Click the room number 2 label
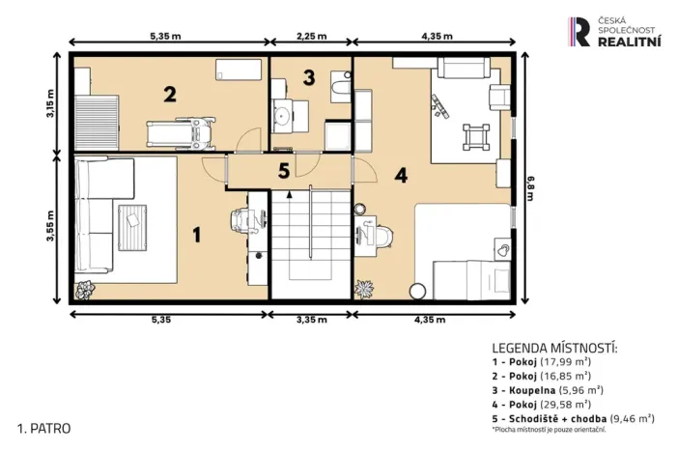(x=170, y=95)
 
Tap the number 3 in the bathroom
(x=309, y=77)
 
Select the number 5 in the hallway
(x=284, y=171)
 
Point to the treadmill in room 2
(x=181, y=133)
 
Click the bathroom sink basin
(x=284, y=115)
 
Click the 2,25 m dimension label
(x=311, y=36)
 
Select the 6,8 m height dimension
(x=530, y=187)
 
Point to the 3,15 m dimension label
(x=51, y=103)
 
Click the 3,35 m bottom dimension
(x=311, y=320)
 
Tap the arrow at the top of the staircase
(x=289, y=194)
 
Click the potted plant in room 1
(x=85, y=290)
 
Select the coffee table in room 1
(x=132, y=228)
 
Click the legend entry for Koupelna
(x=548, y=390)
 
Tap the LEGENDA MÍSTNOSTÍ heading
(x=554, y=348)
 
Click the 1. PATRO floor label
(x=43, y=429)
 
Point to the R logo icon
(x=579, y=32)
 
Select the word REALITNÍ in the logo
(x=629, y=42)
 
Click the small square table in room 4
(x=476, y=137)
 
